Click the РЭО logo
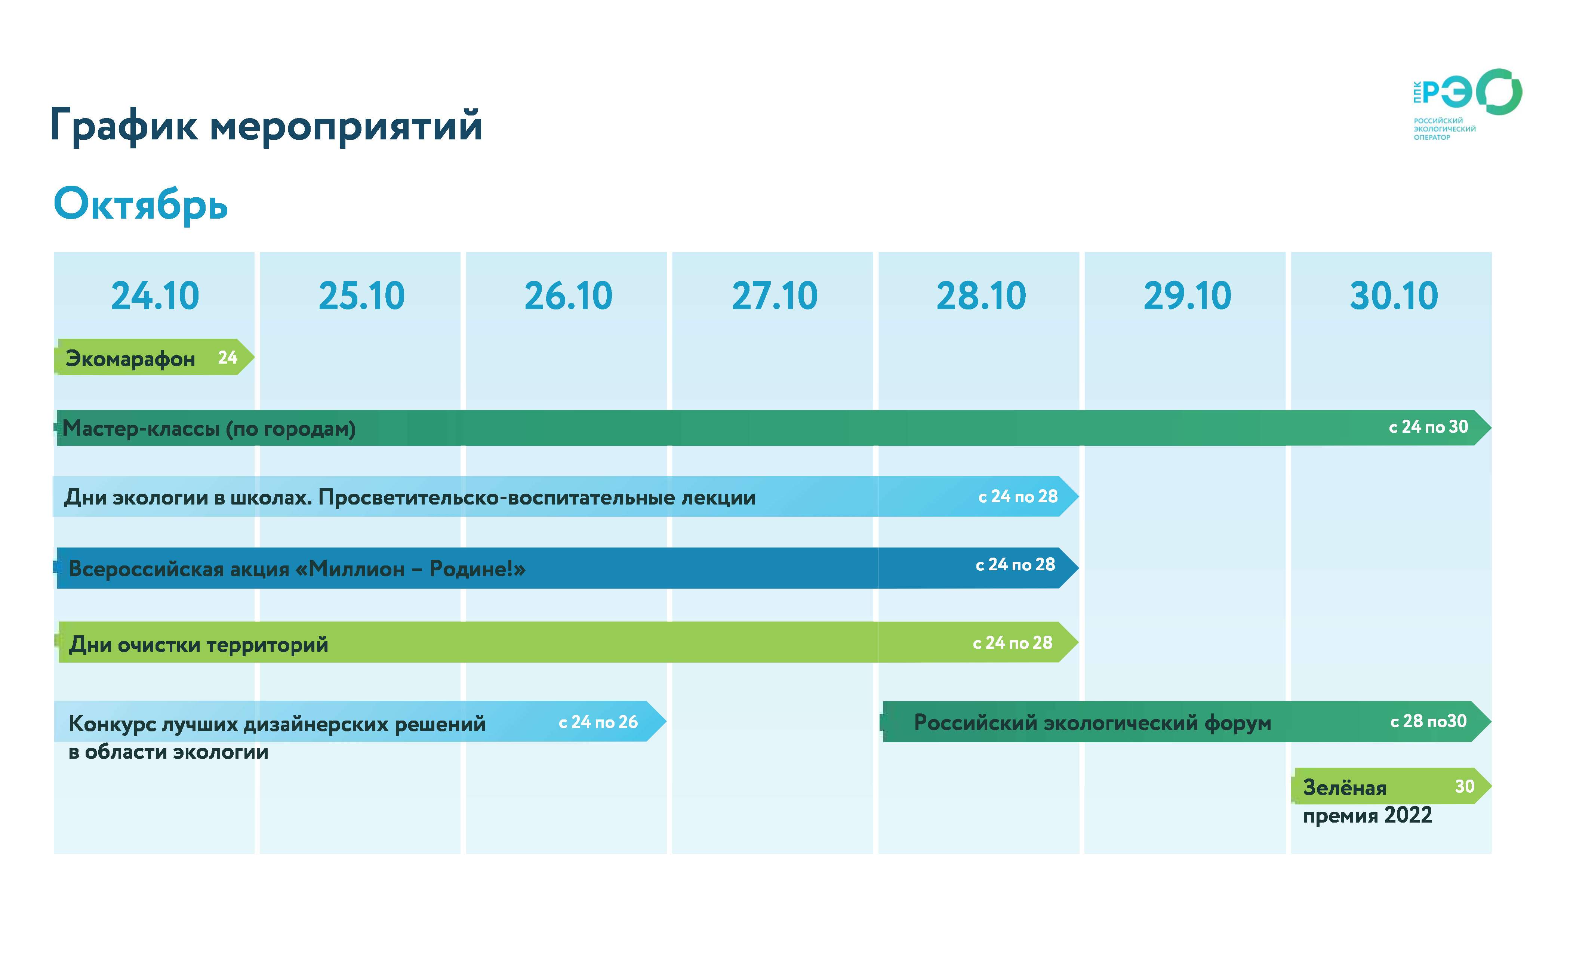tap(1467, 104)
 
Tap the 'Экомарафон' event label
tap(130, 359)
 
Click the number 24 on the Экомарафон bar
tap(228, 357)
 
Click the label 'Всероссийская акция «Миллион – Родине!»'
tap(297, 568)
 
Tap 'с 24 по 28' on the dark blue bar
tap(1015, 564)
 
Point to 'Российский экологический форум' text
tap(1092, 723)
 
